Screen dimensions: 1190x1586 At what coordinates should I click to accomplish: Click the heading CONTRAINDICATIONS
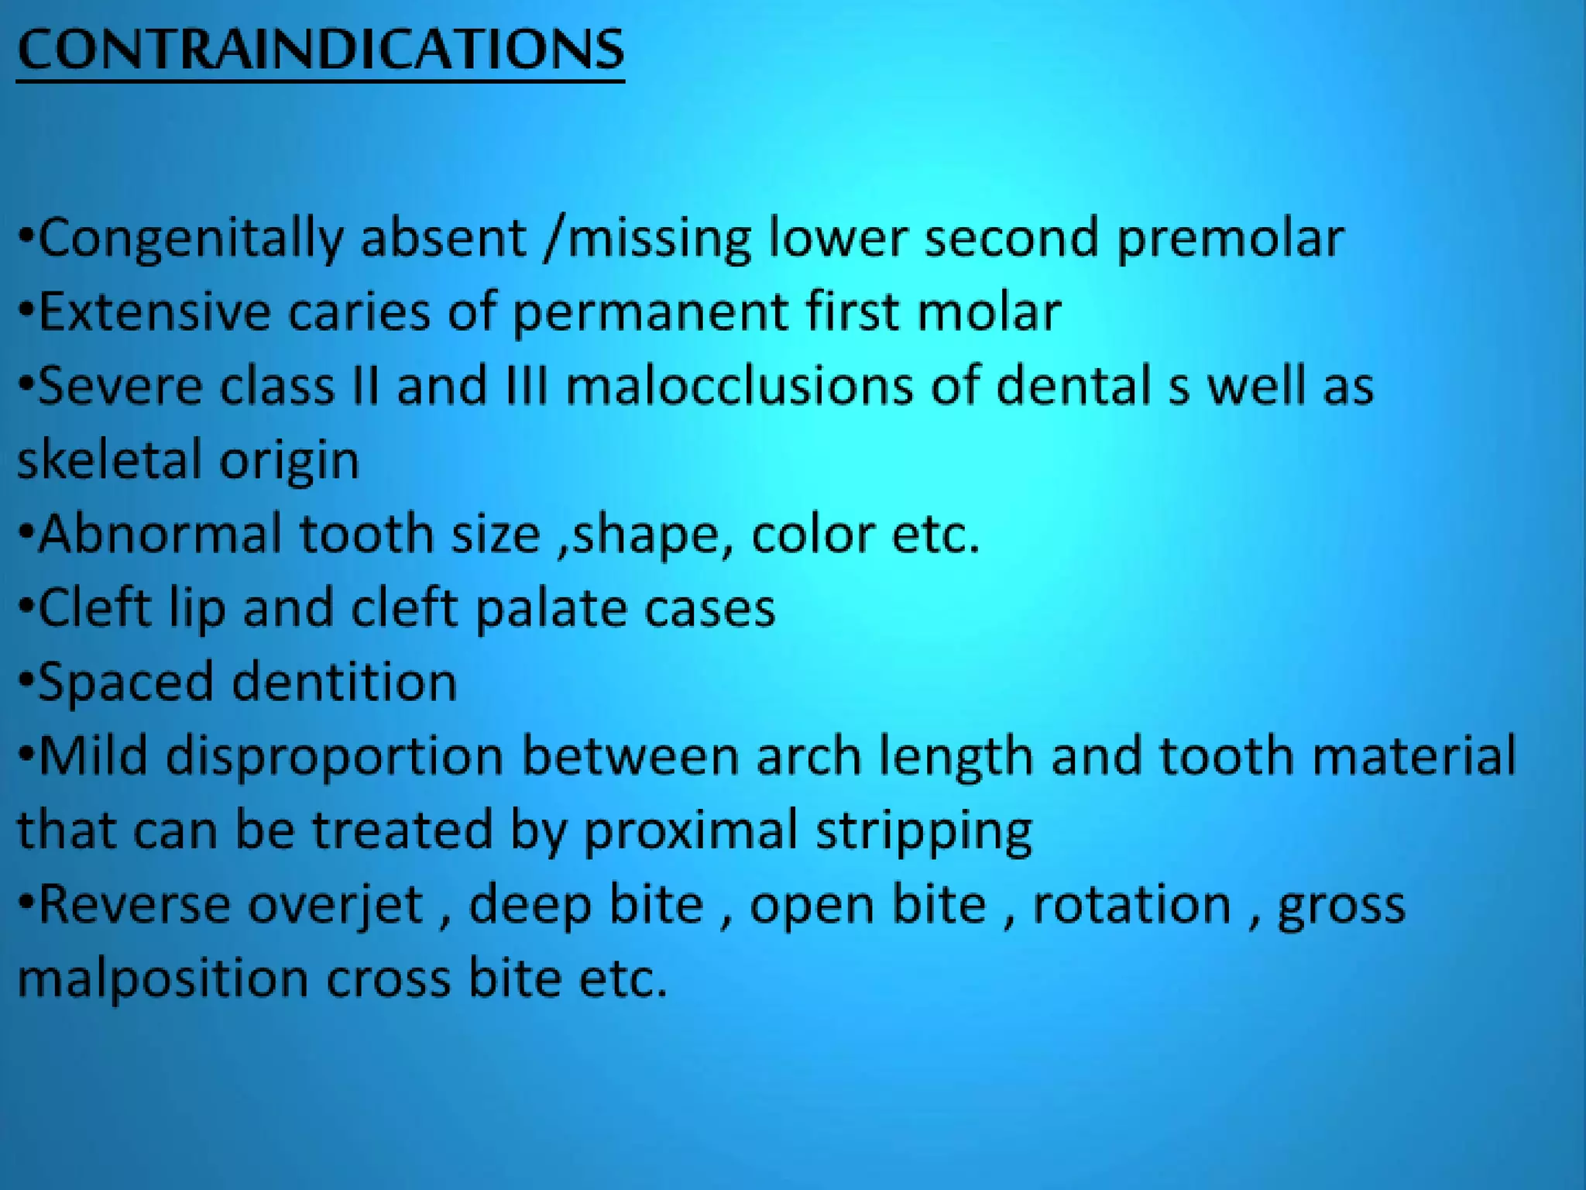coord(320,50)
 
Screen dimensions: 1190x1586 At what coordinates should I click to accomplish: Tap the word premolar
coord(1230,239)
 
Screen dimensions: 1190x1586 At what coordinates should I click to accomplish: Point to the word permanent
coord(650,312)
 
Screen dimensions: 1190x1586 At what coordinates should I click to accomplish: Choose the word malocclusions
coord(739,386)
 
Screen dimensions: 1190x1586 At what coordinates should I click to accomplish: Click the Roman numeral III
coord(527,386)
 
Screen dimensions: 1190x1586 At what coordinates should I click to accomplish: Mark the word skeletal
coord(108,459)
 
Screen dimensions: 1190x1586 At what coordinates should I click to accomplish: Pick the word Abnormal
coord(160,534)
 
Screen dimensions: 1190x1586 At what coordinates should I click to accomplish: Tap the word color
coord(812,534)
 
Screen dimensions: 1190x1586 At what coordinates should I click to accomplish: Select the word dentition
coord(345,682)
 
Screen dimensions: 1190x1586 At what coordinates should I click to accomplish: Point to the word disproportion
coord(335,756)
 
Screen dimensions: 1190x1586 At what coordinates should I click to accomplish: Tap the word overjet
coord(335,905)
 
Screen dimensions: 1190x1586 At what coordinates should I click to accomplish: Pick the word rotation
coord(1131,905)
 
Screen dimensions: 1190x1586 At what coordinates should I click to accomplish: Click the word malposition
coord(163,978)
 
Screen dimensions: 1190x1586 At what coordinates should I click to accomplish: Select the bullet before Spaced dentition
coord(26,682)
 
